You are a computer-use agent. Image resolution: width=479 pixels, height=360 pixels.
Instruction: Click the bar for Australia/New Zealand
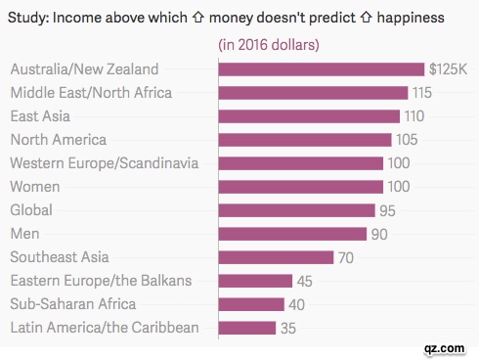[x=322, y=68]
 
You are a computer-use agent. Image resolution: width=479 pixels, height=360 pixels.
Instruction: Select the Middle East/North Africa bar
[x=313, y=92]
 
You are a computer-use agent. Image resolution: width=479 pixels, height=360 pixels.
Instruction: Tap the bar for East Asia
[x=309, y=115]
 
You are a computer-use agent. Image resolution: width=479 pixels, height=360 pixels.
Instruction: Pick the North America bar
[x=305, y=139]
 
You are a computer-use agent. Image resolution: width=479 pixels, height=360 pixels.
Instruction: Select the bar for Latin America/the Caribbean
[x=247, y=327]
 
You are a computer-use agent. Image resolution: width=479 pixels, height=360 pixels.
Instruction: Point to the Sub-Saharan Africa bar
[x=251, y=303]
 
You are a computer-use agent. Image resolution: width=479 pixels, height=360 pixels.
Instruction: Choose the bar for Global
[x=296, y=209]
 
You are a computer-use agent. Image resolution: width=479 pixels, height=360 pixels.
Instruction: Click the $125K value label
[x=447, y=68]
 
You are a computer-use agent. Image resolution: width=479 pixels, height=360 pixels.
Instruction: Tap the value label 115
[x=421, y=92]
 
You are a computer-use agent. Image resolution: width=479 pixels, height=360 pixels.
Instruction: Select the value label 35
[x=288, y=327]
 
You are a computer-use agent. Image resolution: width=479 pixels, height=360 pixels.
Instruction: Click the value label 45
[x=305, y=280]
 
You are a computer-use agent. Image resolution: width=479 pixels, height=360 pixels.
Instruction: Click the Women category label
[x=36, y=186]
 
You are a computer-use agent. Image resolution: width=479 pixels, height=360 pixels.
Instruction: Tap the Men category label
[x=24, y=233]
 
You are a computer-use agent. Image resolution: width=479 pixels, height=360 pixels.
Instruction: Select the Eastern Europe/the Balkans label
[x=101, y=280]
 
